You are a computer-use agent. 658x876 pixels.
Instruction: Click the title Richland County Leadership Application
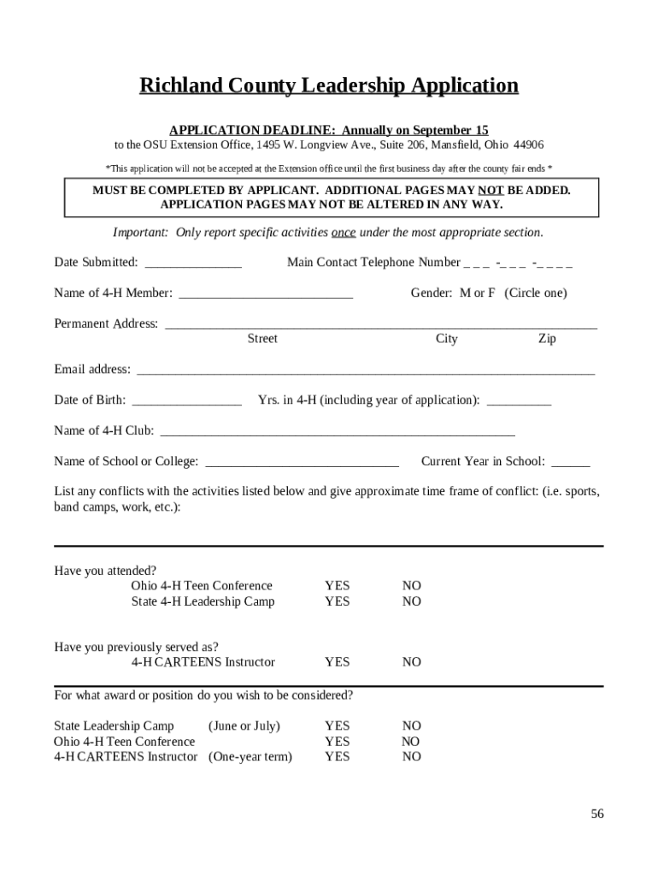click(x=329, y=86)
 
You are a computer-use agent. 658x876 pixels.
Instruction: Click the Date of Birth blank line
click(x=187, y=402)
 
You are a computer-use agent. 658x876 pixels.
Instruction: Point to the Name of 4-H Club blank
click(x=338, y=433)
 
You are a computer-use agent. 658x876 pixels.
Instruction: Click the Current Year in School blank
click(x=570, y=464)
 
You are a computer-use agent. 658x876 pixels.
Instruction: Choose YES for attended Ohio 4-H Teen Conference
click(x=337, y=586)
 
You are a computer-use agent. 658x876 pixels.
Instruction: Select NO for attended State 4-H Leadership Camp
click(x=412, y=601)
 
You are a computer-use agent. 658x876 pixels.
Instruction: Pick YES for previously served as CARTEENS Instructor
click(x=337, y=662)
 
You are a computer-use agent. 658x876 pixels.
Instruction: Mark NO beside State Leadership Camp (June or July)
click(x=412, y=726)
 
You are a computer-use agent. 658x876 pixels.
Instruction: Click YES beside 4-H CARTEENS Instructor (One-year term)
click(x=337, y=757)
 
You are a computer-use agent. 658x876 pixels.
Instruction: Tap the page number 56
click(x=596, y=814)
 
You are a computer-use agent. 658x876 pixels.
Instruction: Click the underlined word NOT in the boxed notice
click(x=490, y=190)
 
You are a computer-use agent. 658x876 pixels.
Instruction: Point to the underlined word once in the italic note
click(x=344, y=233)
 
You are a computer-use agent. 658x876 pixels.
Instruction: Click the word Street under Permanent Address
click(x=262, y=339)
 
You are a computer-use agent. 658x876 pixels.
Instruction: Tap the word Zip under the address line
click(x=547, y=339)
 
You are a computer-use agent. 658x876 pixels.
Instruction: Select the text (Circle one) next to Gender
click(x=535, y=293)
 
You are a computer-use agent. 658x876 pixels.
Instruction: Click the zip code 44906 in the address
click(x=528, y=145)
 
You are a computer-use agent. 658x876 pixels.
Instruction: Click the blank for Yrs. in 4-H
click(x=519, y=402)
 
